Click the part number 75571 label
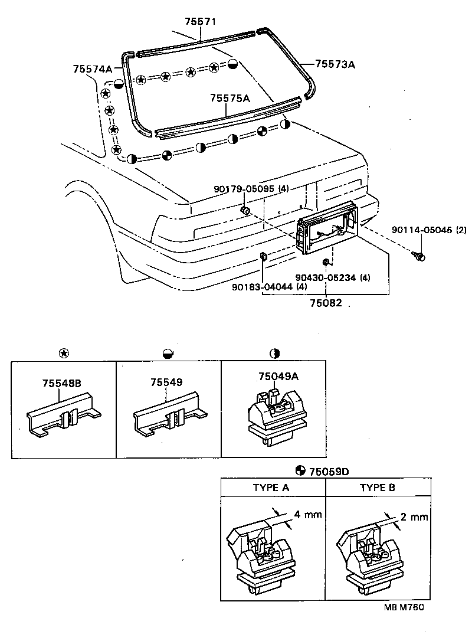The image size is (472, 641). tap(201, 21)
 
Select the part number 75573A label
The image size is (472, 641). tap(335, 64)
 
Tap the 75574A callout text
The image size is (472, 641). tap(93, 69)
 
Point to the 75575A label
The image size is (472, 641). tap(230, 99)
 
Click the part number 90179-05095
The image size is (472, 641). tap(245, 189)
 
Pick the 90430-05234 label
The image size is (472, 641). tap(326, 277)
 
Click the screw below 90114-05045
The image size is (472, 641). tap(420, 257)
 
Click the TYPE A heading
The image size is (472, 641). tap(271, 488)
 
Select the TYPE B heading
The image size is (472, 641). tap(378, 488)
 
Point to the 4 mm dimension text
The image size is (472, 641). tap(308, 514)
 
